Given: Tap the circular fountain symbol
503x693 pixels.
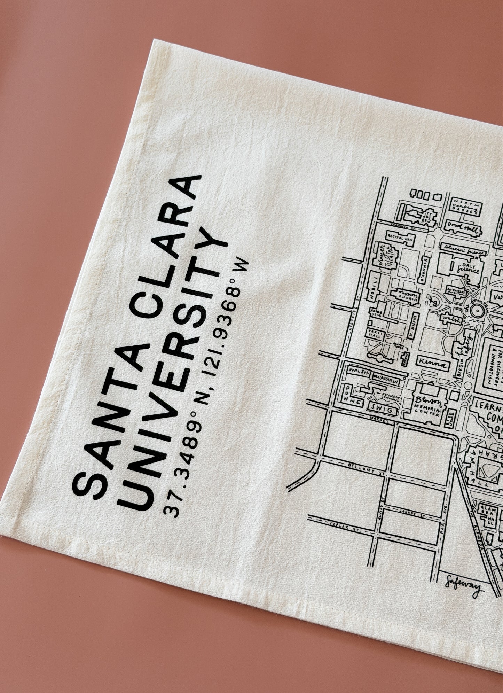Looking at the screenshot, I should tap(476, 309).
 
